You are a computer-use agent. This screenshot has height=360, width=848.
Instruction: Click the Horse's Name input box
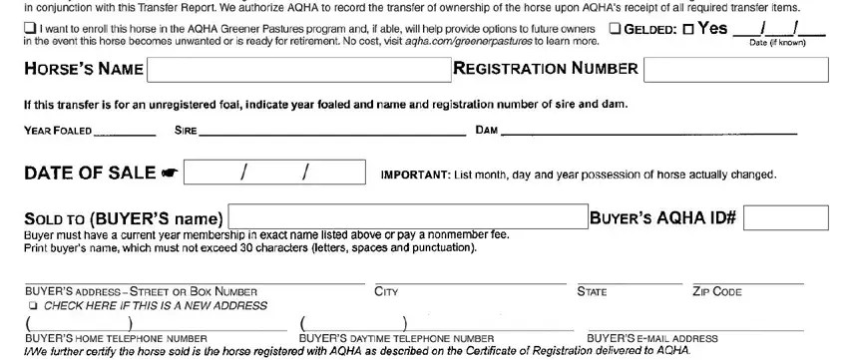coord(298,70)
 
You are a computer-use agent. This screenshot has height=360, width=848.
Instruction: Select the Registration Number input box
coord(736,70)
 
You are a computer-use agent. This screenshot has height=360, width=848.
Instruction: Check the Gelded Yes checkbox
coord(689,28)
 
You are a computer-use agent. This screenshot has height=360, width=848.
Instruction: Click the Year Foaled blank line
coord(125,131)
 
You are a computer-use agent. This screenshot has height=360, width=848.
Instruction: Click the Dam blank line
coord(649,131)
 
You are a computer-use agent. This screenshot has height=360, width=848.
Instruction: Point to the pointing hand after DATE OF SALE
coord(169,175)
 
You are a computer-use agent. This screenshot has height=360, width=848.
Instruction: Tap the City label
coord(386,292)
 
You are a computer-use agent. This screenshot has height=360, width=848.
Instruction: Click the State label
coord(592,292)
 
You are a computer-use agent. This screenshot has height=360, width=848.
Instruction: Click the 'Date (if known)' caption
coord(779,43)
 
